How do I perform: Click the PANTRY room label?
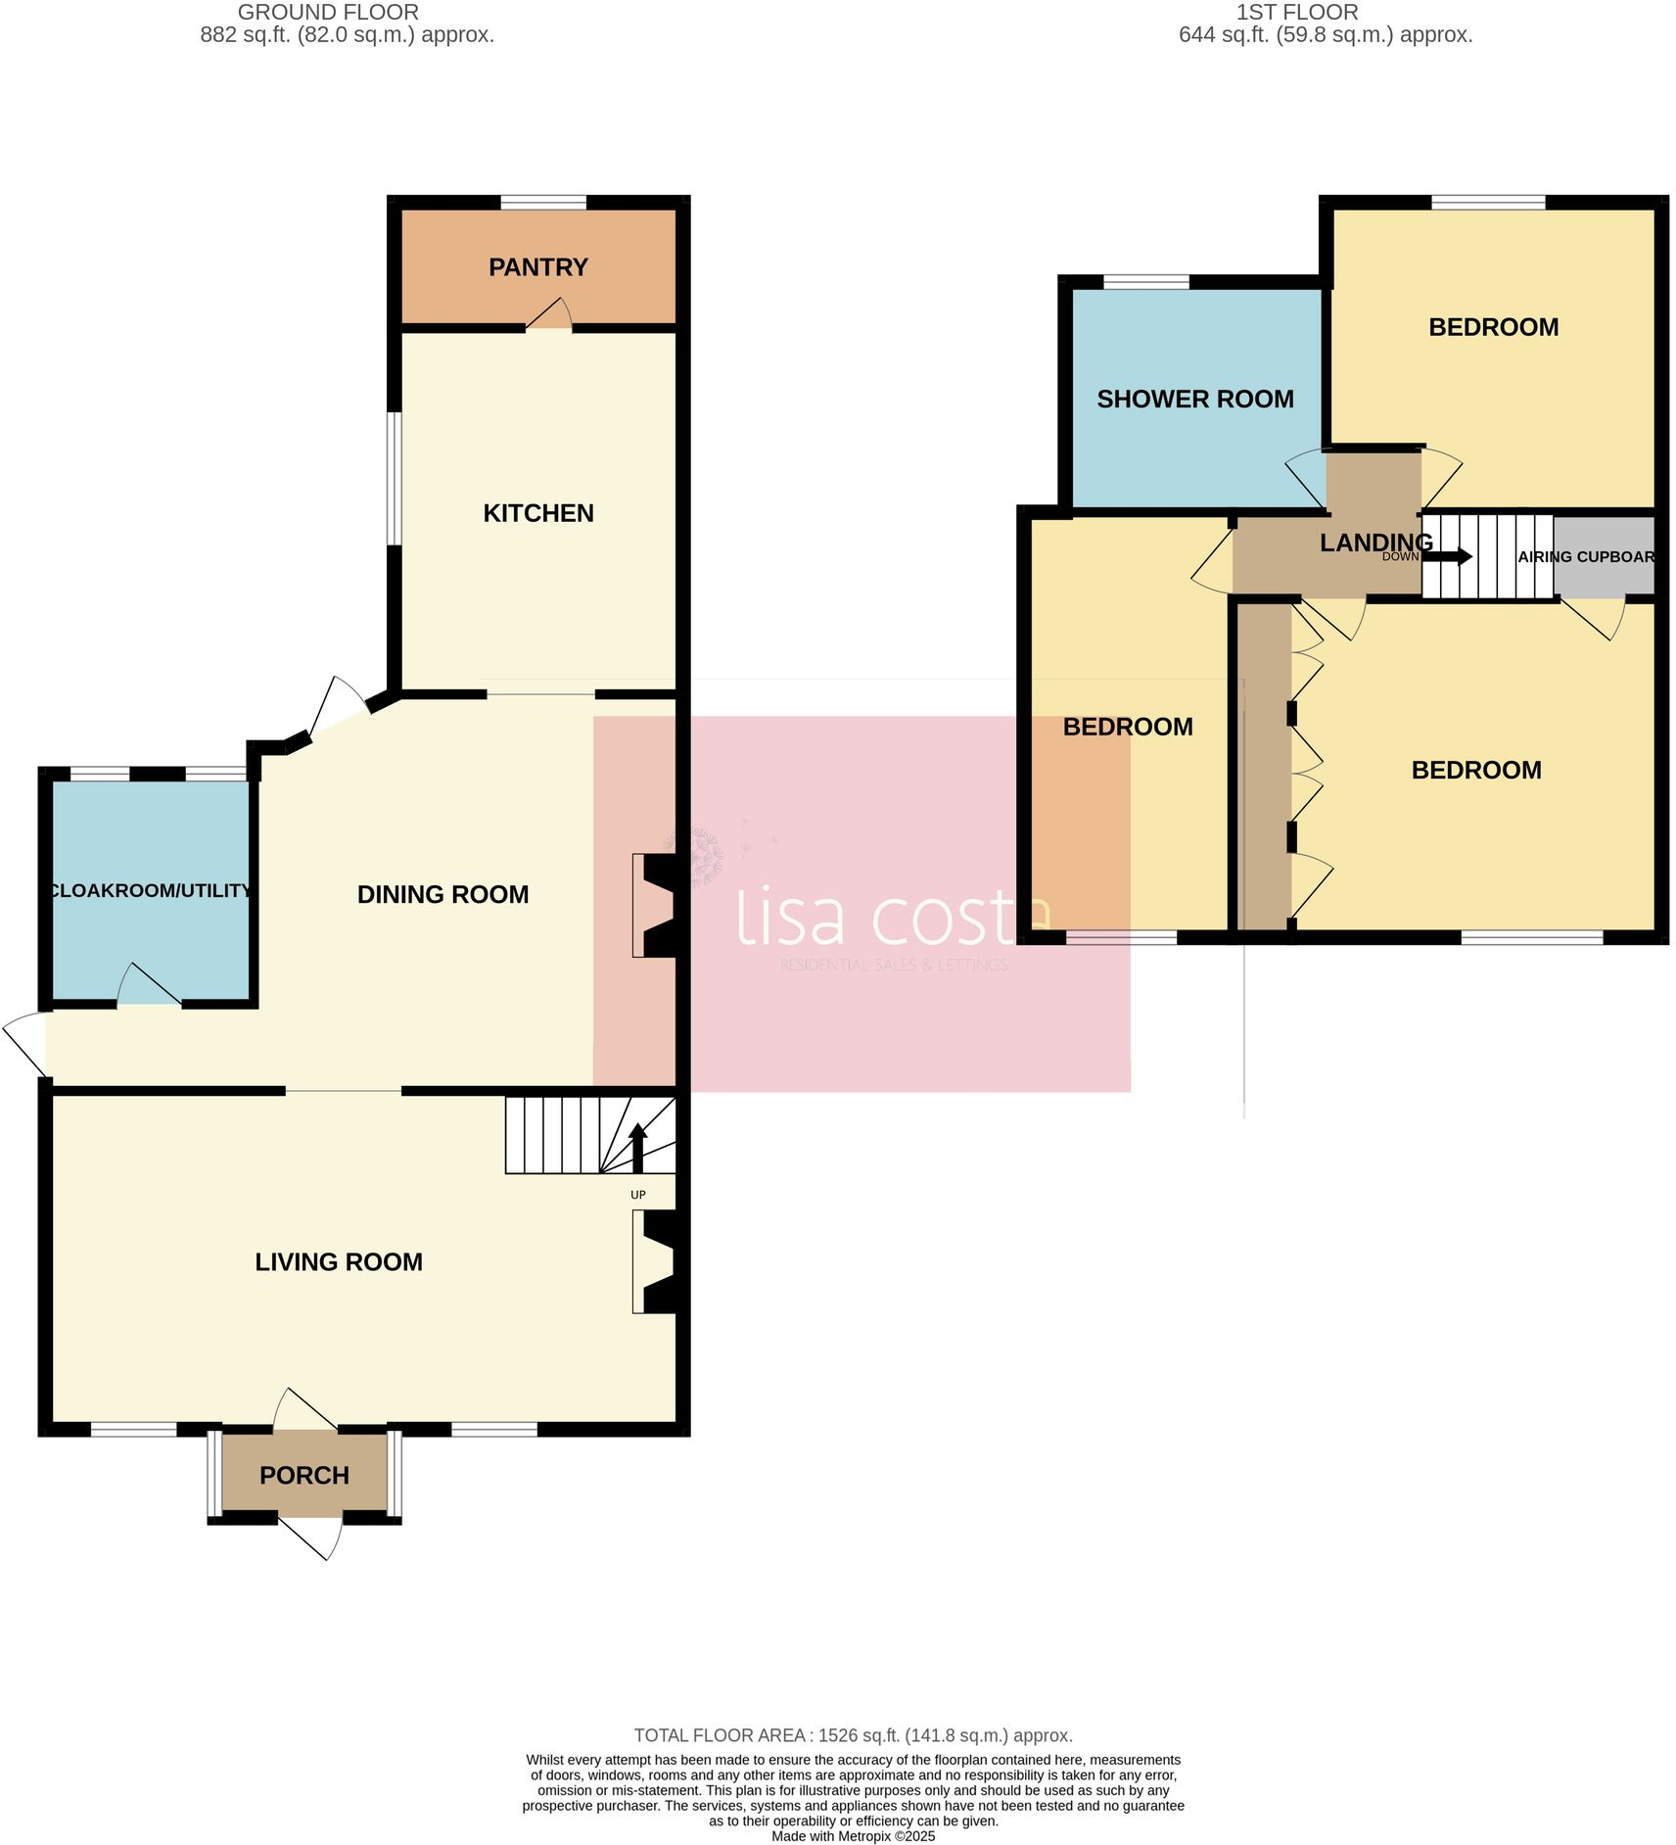tap(537, 267)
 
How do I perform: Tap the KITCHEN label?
tap(537, 513)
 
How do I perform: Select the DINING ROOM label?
tap(442, 894)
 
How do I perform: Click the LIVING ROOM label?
tap(339, 1262)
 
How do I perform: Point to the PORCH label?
tap(303, 1476)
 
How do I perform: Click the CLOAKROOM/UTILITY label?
tap(150, 890)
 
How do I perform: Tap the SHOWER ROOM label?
tap(1194, 400)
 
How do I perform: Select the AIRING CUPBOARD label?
tap(1586, 556)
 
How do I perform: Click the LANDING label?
tap(1375, 542)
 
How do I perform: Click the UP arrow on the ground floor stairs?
tap(637, 1148)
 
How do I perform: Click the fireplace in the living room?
tap(655, 1262)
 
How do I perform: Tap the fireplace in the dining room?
tap(655, 905)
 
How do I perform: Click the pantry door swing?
tap(550, 316)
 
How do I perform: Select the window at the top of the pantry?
tap(543, 203)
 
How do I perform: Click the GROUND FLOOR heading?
tap(328, 13)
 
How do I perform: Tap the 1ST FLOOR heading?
tap(1296, 13)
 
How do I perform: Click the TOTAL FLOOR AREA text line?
tap(853, 1735)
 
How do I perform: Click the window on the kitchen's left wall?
tap(394, 478)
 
